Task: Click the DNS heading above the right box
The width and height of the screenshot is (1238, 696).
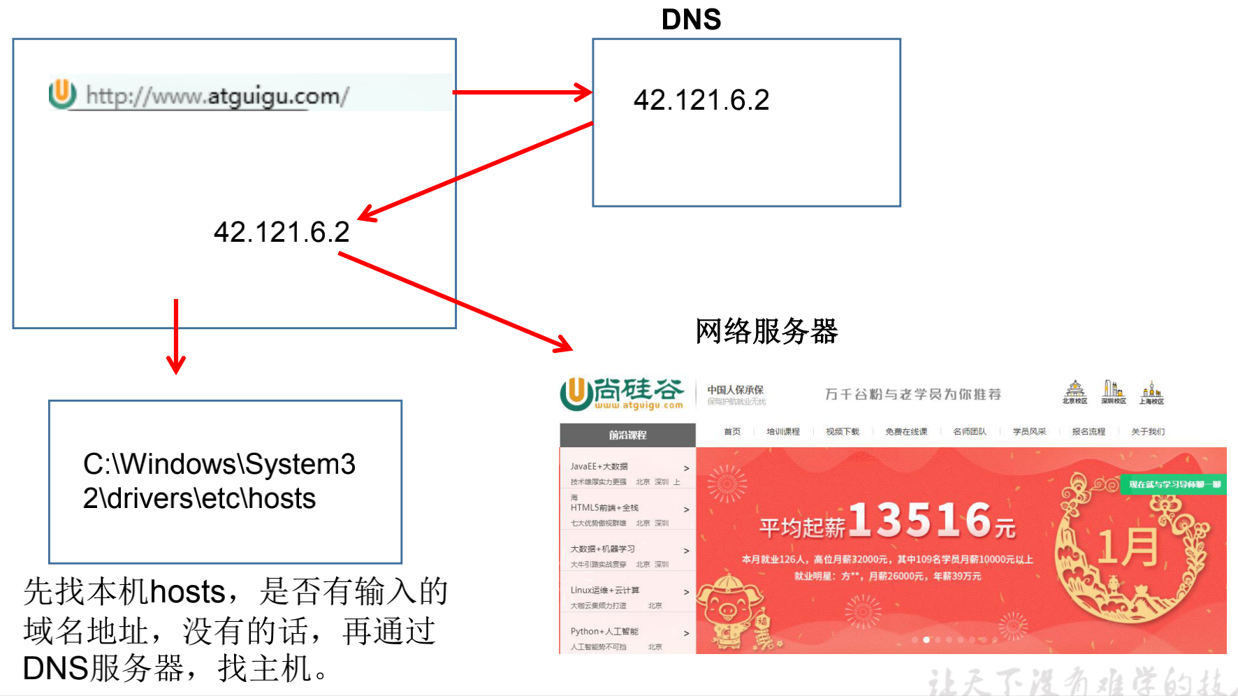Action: (691, 20)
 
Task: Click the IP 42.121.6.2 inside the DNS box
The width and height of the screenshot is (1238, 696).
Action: (701, 100)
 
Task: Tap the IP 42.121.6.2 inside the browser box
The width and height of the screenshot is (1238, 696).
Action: (281, 232)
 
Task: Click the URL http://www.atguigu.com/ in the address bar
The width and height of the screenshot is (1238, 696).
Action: (217, 96)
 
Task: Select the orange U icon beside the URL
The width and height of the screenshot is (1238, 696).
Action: (62, 93)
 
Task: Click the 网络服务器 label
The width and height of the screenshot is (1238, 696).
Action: (766, 331)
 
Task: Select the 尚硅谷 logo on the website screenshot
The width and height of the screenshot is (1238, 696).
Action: (622, 393)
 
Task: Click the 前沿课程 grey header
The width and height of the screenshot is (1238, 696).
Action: (627, 435)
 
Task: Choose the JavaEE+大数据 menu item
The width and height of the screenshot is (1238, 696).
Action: (599, 466)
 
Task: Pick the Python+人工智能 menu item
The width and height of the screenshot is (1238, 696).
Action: (604, 631)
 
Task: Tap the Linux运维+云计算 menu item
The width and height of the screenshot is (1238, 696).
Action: (604, 590)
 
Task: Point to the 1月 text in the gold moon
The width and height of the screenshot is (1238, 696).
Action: (1128, 547)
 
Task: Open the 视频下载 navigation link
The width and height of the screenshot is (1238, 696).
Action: (843, 432)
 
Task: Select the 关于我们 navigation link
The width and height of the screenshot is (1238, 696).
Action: (1148, 432)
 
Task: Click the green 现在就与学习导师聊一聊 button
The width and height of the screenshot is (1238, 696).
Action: (1174, 484)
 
